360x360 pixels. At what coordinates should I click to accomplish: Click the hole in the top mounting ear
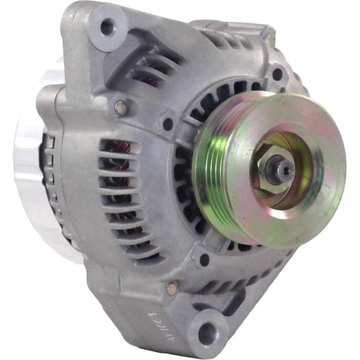(x=107, y=27)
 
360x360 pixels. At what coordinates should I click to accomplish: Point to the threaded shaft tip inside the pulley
(x=281, y=167)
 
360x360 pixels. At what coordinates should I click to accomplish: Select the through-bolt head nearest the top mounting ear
(x=119, y=107)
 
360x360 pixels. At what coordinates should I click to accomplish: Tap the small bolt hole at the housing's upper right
(x=277, y=74)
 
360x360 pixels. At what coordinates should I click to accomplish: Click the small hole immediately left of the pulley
(x=167, y=124)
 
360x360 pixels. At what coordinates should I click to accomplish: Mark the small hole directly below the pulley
(x=204, y=257)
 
